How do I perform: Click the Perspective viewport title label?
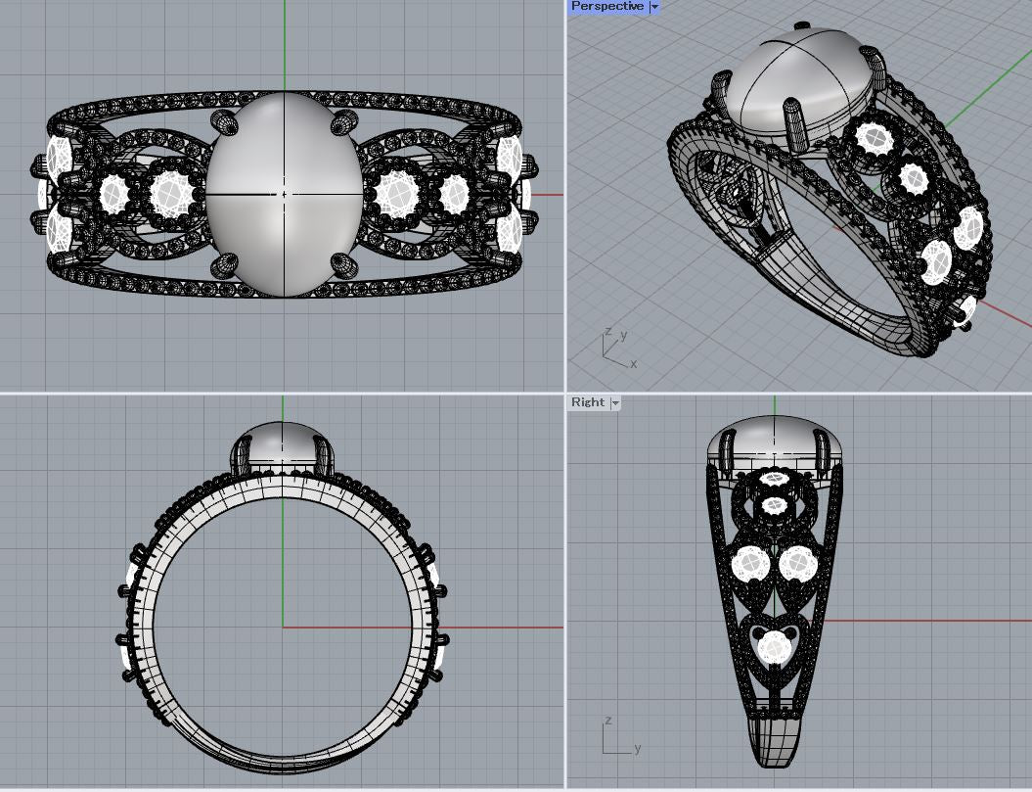(x=606, y=7)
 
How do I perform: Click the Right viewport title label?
(x=588, y=402)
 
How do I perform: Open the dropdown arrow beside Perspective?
(x=654, y=7)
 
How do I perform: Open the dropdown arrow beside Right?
(x=615, y=402)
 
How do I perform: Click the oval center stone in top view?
(x=285, y=195)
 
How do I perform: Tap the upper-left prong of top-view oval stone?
(x=224, y=122)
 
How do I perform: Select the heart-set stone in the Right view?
(x=774, y=647)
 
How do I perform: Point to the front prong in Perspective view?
(x=795, y=122)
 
